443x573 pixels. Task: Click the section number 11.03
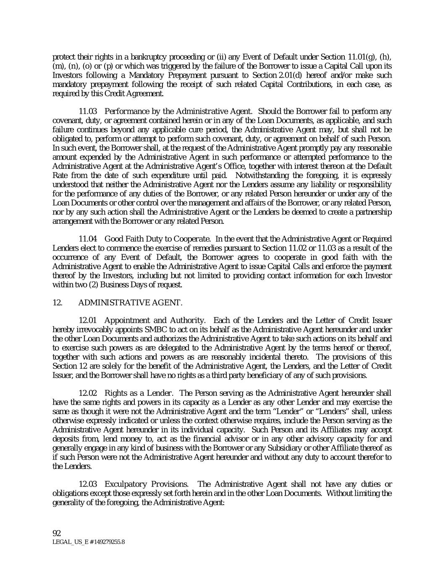[88, 111]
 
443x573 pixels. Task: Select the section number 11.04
[88, 239]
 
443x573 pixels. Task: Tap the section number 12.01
[88, 320]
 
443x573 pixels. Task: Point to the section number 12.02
[88, 393]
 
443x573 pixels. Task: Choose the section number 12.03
[88, 484]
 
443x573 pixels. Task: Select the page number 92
[57, 533]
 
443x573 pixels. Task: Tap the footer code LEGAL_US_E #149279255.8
[88, 542]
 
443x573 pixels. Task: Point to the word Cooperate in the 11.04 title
[192, 239]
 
